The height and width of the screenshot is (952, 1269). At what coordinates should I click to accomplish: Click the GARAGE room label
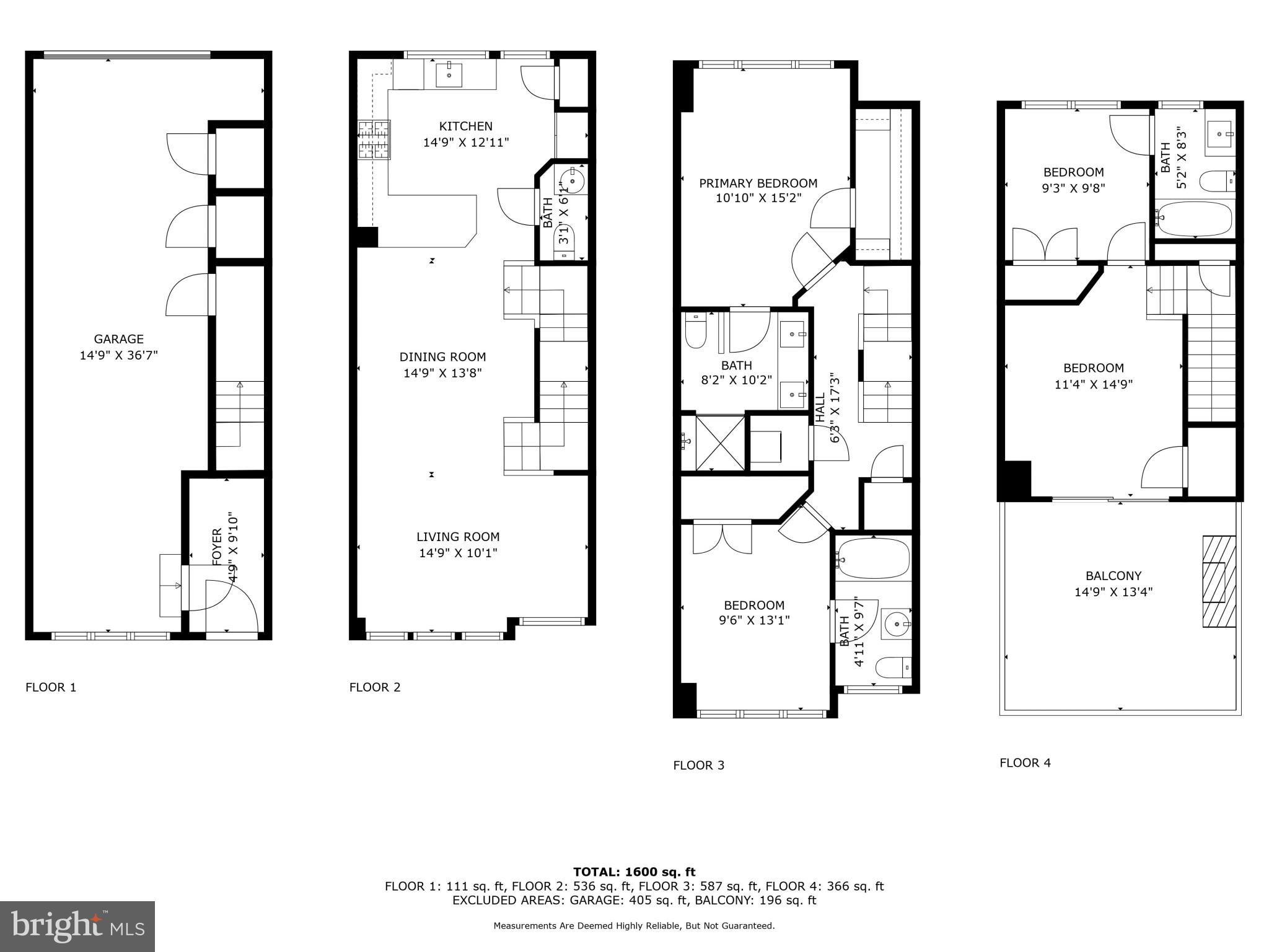tap(118, 339)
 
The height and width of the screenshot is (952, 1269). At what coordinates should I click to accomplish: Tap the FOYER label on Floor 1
tap(217, 546)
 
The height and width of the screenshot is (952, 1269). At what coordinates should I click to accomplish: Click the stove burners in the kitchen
tap(374, 140)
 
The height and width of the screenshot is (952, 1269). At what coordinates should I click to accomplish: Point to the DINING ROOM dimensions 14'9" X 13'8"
tap(442, 373)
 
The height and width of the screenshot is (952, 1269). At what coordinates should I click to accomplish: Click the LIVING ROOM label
tap(457, 537)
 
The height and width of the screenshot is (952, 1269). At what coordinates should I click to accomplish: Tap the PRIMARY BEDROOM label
tap(758, 183)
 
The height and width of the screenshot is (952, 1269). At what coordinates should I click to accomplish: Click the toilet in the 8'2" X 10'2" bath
tap(696, 332)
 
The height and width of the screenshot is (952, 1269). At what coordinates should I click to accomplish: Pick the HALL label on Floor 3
tap(820, 407)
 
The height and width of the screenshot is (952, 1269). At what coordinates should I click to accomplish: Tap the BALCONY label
tap(1113, 576)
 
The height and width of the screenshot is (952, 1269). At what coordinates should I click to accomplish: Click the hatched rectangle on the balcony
tap(1218, 581)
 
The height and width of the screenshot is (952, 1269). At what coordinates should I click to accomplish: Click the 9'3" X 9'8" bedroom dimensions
tap(1073, 188)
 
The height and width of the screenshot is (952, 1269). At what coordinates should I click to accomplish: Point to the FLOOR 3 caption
tap(698, 765)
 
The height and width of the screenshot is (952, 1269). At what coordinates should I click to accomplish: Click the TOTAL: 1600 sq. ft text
tap(634, 872)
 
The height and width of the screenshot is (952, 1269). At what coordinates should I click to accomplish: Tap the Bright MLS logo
tap(77, 926)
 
